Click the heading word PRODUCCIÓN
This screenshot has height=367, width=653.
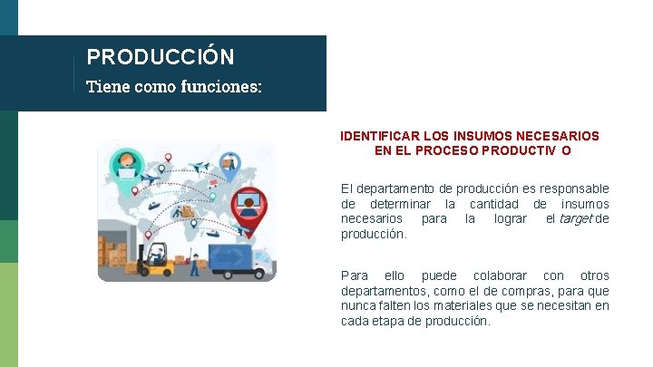point(161,57)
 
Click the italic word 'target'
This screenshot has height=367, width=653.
point(576,219)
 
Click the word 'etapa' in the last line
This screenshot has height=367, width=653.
point(388,322)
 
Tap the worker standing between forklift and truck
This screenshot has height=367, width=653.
point(194,264)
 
